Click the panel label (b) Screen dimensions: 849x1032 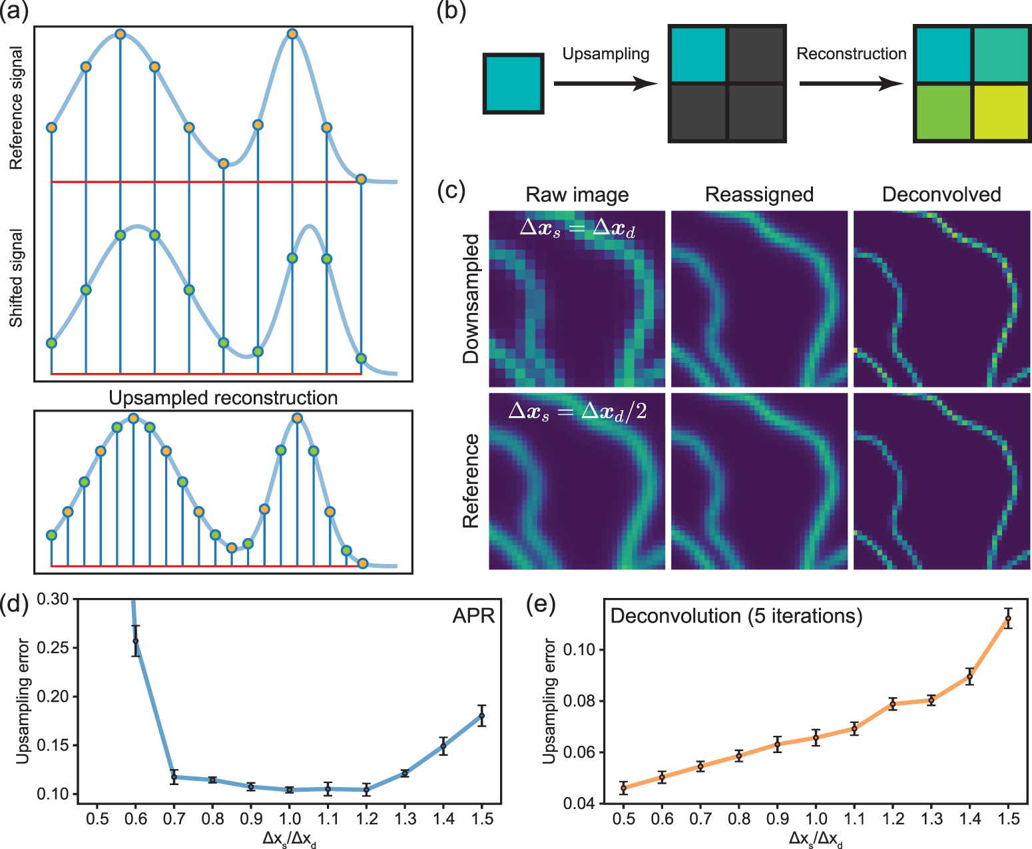coord(451,12)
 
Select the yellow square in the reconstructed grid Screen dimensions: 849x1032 coord(1001,112)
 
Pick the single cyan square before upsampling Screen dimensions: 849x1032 coord(513,83)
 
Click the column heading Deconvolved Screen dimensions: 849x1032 coord(941,194)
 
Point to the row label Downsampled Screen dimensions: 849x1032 coord(471,298)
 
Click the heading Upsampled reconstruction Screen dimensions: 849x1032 coord(223,398)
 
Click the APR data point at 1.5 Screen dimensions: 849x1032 coord(481,716)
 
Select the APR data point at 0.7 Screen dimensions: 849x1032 coord(174,776)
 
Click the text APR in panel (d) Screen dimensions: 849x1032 coord(473,616)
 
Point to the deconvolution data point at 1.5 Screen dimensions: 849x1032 coord(1008,619)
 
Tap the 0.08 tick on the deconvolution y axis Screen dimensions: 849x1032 coord(579,701)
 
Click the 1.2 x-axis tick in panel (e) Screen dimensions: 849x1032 coord(893,819)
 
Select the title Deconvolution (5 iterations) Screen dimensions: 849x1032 coord(736,616)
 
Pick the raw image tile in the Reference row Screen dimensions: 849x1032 coord(577,481)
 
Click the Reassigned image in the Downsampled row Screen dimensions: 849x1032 coord(759,298)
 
